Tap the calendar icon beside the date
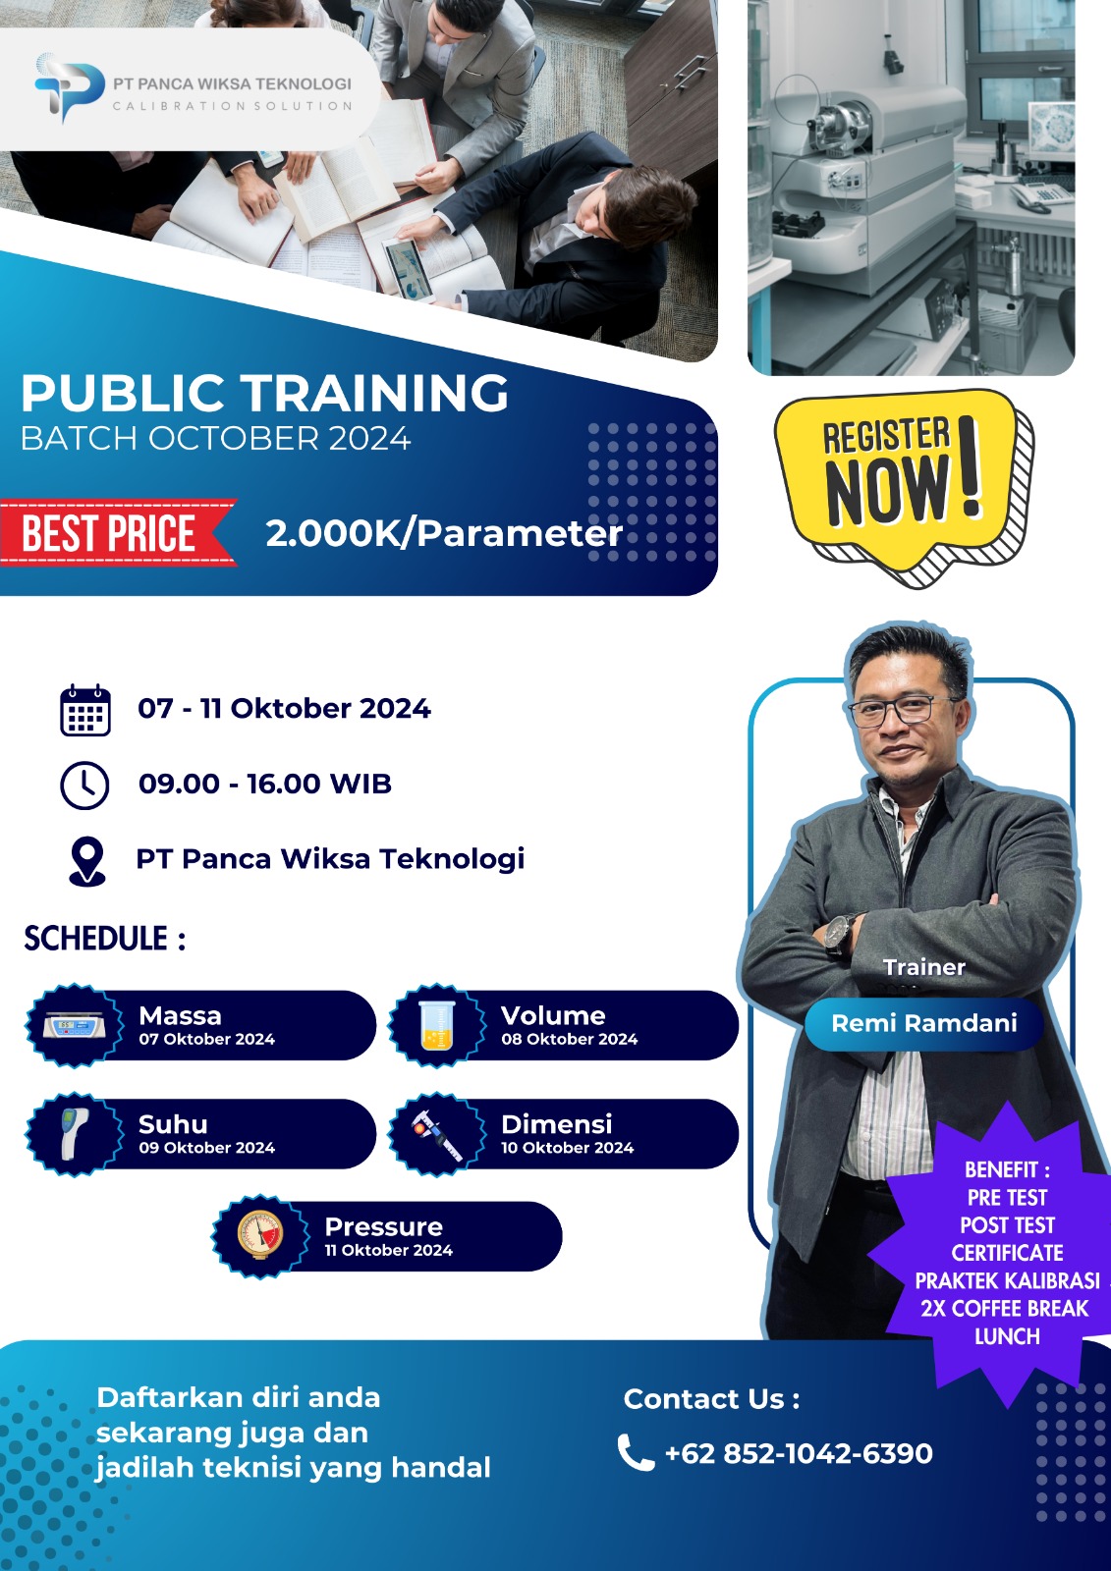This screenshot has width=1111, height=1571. coord(84,710)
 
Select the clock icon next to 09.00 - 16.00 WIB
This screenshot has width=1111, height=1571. coord(84,785)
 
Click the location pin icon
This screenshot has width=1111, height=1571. coord(87,861)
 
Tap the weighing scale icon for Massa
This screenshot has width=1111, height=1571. coord(74,1027)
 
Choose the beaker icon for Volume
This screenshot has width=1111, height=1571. coord(436,1025)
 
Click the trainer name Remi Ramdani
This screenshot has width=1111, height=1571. coord(923,1023)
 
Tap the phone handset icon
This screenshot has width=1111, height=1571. coord(636,1452)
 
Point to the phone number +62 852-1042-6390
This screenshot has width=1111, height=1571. coord(799,1453)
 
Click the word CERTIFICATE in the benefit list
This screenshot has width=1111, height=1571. coord(1007,1252)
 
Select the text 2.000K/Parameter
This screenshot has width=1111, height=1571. coord(444,534)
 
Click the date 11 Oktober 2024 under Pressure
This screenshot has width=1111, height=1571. coord(388,1250)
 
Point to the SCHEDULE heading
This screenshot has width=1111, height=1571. coord(105,939)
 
